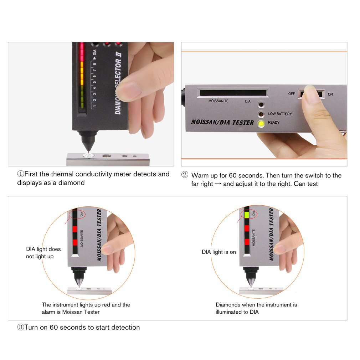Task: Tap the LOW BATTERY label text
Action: pos(280,114)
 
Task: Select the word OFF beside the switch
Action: pos(292,94)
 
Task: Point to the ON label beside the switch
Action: pos(330,94)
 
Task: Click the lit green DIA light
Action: pos(246,215)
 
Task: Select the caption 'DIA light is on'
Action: pos(219,252)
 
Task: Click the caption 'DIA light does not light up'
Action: pos(43,253)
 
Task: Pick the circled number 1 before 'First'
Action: pos(21,174)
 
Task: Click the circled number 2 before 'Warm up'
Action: pos(185,175)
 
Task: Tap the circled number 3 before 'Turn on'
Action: pos(21,327)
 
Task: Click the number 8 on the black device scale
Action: pos(94,65)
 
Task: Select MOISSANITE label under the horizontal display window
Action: pos(218,101)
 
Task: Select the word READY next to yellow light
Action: pos(274,123)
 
